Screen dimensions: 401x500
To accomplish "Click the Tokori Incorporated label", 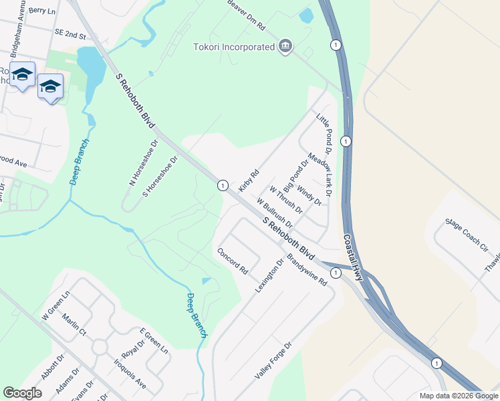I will (234, 47).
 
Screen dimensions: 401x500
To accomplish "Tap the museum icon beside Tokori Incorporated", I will (285, 46).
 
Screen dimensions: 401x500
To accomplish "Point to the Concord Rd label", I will (232, 261).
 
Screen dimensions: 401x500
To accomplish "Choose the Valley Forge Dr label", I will (273, 362).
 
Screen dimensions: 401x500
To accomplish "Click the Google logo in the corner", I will (22, 393).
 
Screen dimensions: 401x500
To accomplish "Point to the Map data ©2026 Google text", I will (459, 396).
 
